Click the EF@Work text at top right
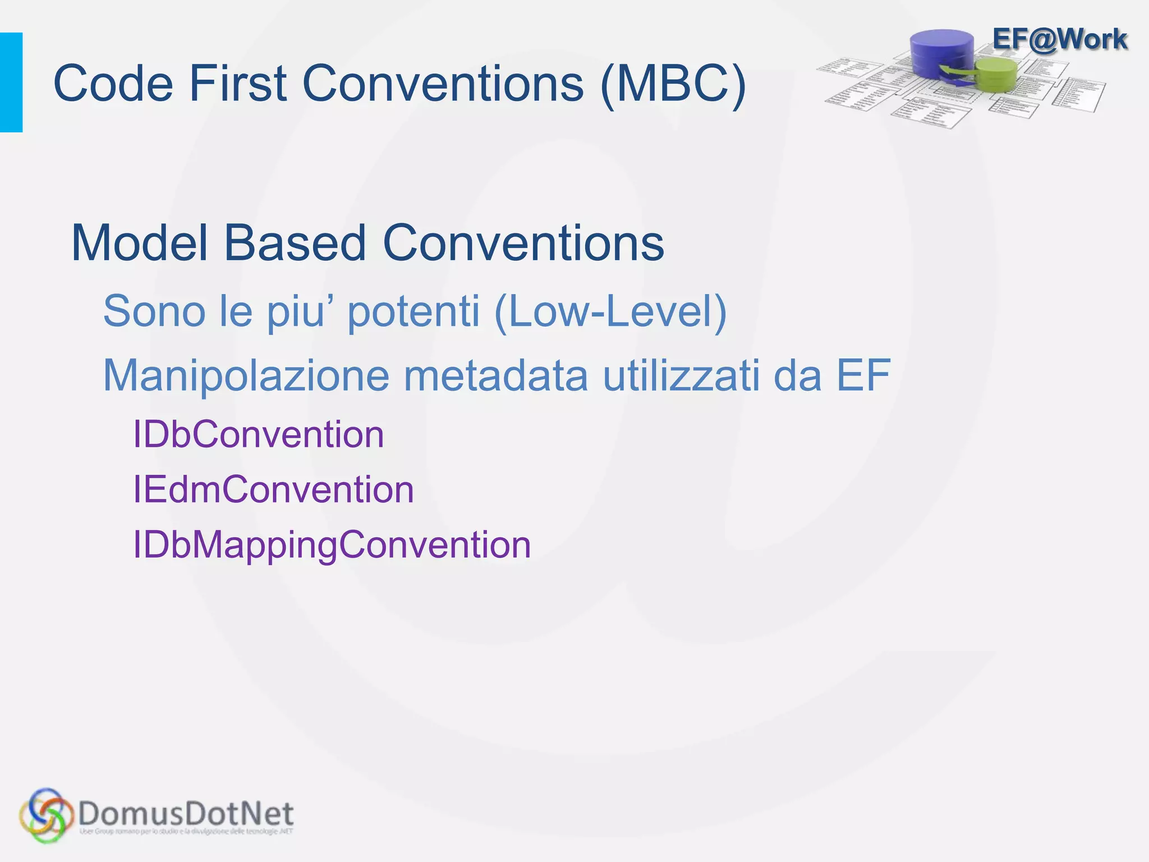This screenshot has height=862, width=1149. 1059,39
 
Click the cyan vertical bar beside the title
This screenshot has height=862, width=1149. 11,82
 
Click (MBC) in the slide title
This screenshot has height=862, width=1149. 673,84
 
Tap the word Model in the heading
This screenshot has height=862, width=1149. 140,243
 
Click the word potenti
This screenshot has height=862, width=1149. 413,311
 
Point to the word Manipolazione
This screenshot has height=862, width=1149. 246,375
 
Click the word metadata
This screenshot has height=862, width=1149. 496,375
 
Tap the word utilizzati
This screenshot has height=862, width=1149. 681,375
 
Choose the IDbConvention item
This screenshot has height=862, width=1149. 259,434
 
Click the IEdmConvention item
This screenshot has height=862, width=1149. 273,489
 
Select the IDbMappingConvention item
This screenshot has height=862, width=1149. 332,544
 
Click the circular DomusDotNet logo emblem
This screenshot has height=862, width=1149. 46,815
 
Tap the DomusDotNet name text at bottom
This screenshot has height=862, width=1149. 186,813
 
